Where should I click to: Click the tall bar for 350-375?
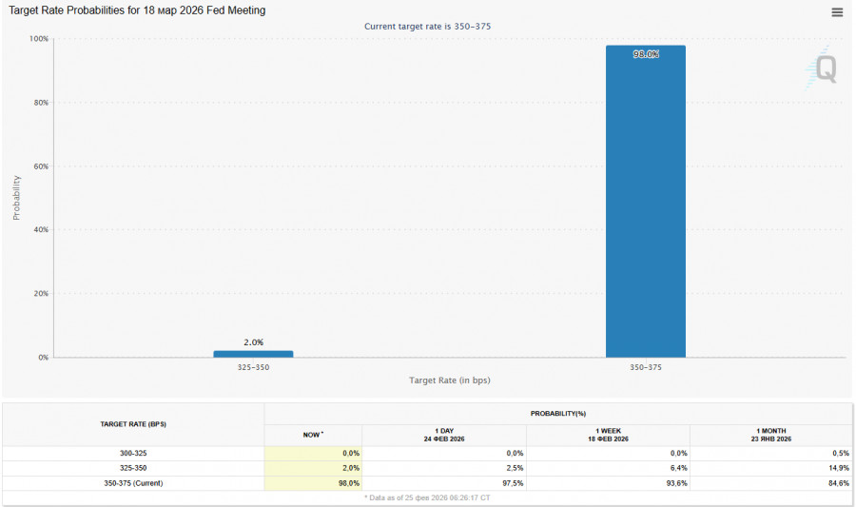(645, 209)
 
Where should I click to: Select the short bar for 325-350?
(253, 354)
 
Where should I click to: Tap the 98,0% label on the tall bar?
(646, 54)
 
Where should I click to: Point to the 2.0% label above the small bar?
(253, 342)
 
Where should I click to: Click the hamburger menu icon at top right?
(837, 12)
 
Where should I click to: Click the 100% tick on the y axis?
(39, 39)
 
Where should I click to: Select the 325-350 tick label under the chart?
(253, 367)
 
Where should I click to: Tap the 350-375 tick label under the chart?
(646, 367)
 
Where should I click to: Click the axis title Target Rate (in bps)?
(450, 380)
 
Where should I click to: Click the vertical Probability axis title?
(16, 198)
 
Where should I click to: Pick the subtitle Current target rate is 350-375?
(427, 27)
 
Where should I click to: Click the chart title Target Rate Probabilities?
(137, 10)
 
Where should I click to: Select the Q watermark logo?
(824, 68)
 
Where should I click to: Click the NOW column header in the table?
(312, 434)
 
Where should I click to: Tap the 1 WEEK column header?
(608, 434)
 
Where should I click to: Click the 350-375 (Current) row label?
(133, 483)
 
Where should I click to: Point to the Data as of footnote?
(427, 497)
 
